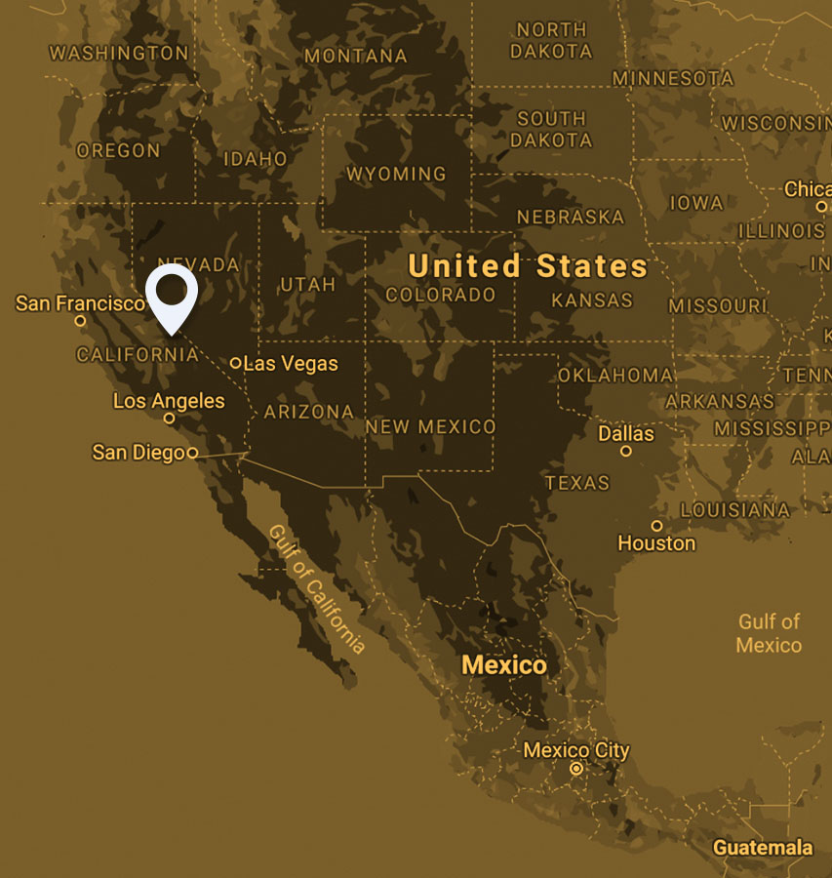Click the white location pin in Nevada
coord(172,294)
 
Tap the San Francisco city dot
coord(80,321)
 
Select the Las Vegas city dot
coord(236,363)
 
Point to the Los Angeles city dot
coord(169,419)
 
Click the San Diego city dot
coord(192,454)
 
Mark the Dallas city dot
coord(626,451)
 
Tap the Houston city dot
coord(656,526)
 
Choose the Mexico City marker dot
coord(576,769)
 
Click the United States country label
coord(528,265)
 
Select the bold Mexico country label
coord(504,665)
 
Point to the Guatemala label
coord(763,847)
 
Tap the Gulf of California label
coord(316,589)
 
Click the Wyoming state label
coord(397,174)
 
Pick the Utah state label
coord(307,285)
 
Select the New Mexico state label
coord(430,426)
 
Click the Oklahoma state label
coord(615,375)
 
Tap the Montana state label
coord(355,56)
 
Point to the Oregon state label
coord(118,150)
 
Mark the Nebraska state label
coord(571,216)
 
